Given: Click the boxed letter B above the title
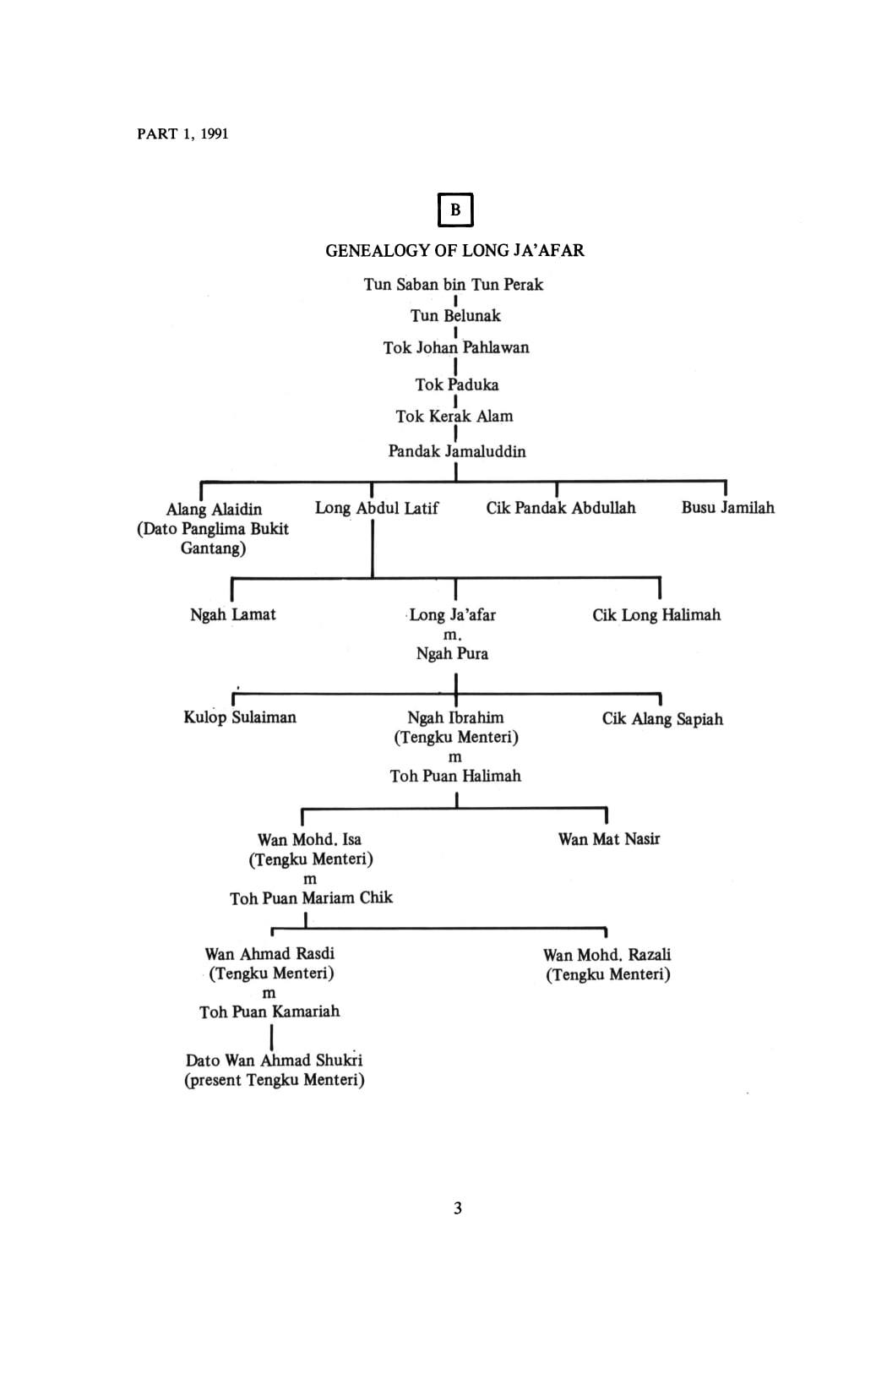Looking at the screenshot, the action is coord(455,210).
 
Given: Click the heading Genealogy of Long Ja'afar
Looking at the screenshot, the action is coord(455,250).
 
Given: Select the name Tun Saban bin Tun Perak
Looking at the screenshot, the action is coord(453,285).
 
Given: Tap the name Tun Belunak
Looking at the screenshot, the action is coord(455,315).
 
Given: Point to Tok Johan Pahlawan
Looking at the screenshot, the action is coord(456,347).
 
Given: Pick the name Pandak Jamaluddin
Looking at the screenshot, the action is coord(457,451).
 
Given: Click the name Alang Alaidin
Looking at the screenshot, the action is coord(214,510).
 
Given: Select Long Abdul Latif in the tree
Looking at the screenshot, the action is coord(377,508).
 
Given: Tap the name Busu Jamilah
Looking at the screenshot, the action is coord(727,508).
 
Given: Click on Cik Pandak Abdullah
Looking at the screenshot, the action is coord(561,508).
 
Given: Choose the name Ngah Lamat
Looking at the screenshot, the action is coord(233,614).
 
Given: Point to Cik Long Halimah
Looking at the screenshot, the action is coord(656,615).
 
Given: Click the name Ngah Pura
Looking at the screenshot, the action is coord(452,653).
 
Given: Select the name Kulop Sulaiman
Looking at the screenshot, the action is coord(240,717).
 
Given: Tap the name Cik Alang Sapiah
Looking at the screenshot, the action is coord(662,719).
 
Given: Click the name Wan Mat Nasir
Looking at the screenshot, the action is coord(609,839).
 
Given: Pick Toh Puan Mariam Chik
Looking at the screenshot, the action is coord(311,897).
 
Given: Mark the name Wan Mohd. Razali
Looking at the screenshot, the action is coord(607,955).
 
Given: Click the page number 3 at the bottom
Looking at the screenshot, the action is coord(457,1208).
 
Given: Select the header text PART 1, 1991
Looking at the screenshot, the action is coord(183,134).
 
